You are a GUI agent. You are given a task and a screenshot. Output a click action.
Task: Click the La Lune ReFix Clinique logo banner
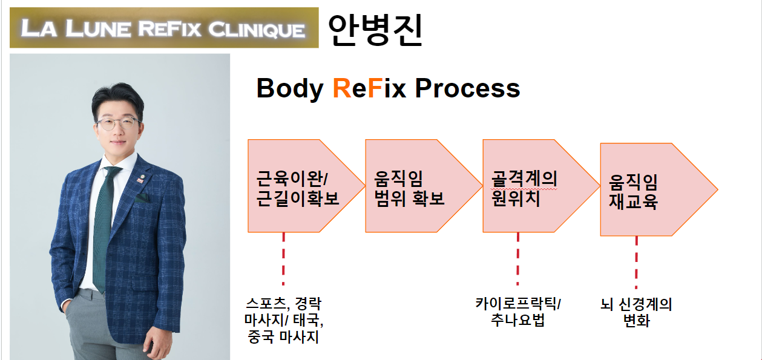click(163, 28)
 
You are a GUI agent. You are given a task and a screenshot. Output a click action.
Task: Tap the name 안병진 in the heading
click(375, 30)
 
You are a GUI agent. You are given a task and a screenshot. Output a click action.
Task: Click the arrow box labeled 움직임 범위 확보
click(418, 186)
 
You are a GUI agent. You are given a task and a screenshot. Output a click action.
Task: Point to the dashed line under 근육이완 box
click(283, 258)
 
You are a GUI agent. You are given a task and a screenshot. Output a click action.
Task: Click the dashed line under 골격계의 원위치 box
click(517, 258)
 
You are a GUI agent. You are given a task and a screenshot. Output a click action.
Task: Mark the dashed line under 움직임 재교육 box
click(636, 261)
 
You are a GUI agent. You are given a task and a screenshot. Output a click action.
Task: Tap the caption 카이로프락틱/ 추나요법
click(518, 311)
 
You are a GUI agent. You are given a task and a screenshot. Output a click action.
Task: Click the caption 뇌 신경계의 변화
click(636, 312)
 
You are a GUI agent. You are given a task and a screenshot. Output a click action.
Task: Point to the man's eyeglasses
click(118, 124)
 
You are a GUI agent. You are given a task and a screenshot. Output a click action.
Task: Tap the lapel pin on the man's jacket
click(139, 178)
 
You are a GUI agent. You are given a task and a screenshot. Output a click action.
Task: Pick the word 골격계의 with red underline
click(524, 180)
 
